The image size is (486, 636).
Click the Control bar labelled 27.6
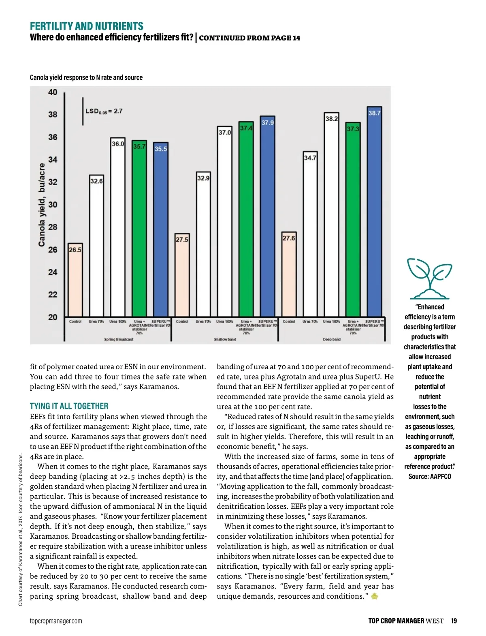289,276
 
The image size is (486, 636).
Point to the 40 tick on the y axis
53,92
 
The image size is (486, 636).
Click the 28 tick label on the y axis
53,227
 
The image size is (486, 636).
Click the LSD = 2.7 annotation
104,111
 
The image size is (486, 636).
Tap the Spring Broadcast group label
118,339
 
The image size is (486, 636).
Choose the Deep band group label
331,339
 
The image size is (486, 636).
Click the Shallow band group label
225,339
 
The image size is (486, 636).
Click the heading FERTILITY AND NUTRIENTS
87,26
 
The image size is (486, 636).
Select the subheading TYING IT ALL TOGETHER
69,406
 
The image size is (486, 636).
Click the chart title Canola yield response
86,77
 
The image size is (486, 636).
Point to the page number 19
454,621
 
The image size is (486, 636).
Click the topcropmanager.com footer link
56,621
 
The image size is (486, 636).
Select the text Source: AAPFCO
430,476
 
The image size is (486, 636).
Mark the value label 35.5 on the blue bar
161,149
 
